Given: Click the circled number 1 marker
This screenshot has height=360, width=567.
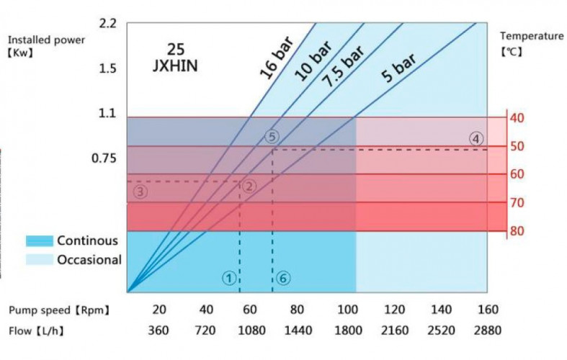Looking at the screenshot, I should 228,277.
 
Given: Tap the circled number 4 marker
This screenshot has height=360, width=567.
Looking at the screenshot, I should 476,138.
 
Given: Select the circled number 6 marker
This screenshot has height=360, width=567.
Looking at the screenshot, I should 282,277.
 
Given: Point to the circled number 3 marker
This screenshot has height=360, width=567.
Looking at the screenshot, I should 140,191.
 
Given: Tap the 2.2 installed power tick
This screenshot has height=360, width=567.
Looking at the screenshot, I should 107,24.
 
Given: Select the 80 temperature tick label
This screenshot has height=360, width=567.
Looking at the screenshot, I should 516,231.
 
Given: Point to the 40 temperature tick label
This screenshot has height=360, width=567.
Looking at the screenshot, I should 516,118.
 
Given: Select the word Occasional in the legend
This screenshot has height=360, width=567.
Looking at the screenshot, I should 89,259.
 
